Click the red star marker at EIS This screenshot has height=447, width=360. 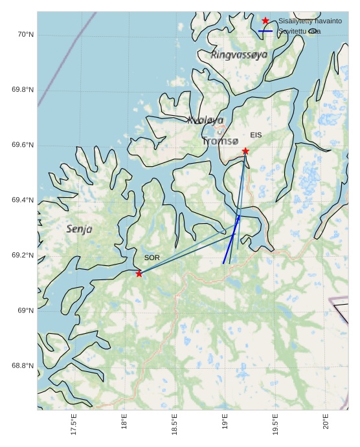pyautogui.click(x=245, y=151)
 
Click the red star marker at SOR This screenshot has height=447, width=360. pyautogui.click(x=139, y=274)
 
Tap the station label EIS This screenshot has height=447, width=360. pyautogui.click(x=256, y=135)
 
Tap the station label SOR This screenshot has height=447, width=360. pyautogui.click(x=152, y=258)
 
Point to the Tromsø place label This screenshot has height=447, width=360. pyautogui.click(x=220, y=141)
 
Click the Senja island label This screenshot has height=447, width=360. pyautogui.click(x=80, y=229)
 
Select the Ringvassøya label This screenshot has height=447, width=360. pyautogui.click(x=239, y=56)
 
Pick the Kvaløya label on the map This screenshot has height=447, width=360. pyautogui.click(x=205, y=120)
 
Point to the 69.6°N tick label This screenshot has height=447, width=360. pyautogui.click(x=22, y=145)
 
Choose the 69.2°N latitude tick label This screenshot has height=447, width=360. pyautogui.click(x=22, y=256)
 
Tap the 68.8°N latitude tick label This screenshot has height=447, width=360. pyautogui.click(x=22, y=366)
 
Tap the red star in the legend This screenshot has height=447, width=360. pyautogui.click(x=265, y=21)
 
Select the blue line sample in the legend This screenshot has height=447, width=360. pyautogui.click(x=265, y=32)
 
